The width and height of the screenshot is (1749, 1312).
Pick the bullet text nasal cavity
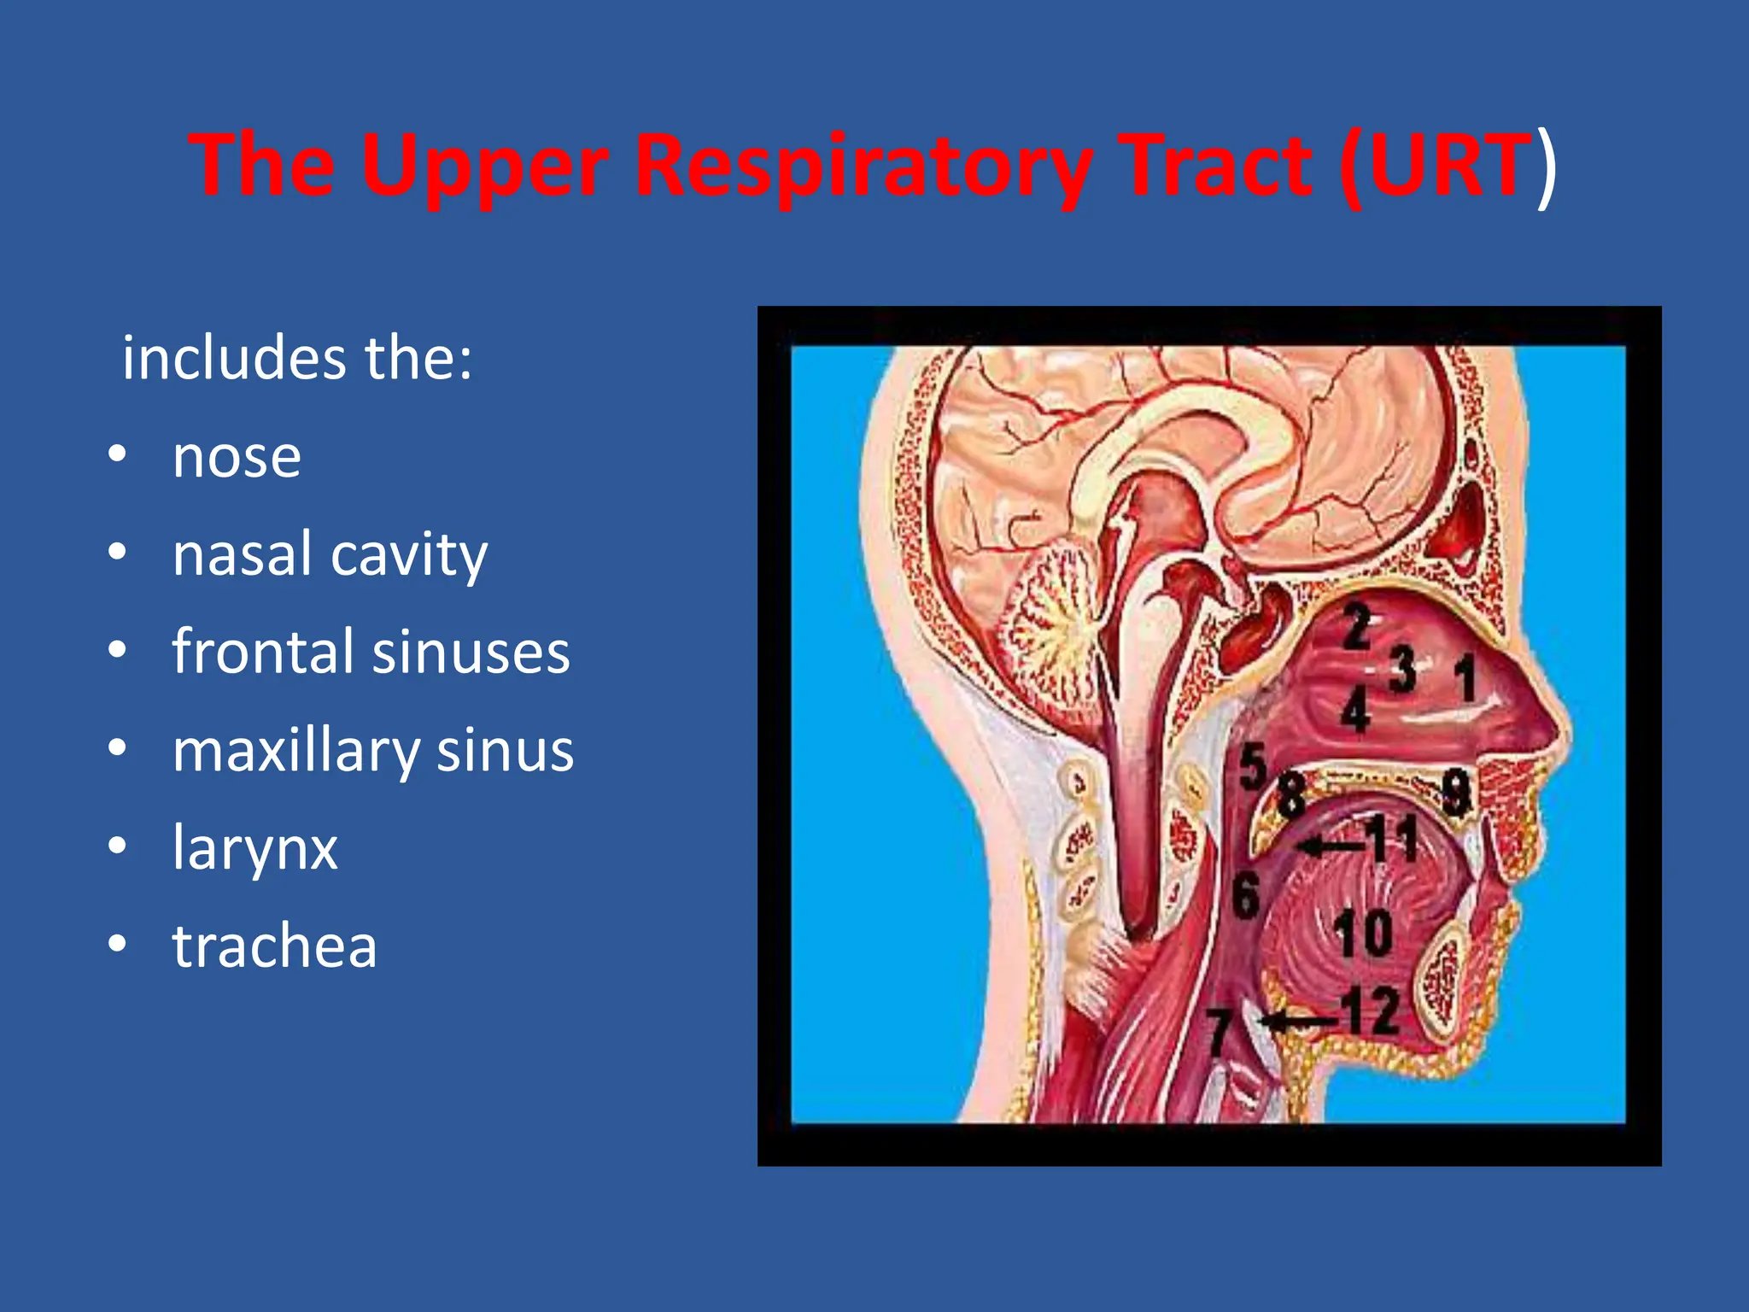[x=330, y=555]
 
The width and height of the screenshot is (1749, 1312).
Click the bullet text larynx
[x=254, y=848]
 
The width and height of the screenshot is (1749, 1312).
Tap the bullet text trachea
[x=274, y=946]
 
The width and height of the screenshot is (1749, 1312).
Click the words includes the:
[x=297, y=358]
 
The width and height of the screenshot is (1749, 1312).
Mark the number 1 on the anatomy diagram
[x=1464, y=678]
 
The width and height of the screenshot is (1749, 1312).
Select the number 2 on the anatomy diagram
[x=1355, y=626]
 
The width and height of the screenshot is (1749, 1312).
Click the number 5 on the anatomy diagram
[x=1252, y=767]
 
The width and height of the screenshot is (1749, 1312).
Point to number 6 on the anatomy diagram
[x=1245, y=895]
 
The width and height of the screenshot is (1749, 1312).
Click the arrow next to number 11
[x=1329, y=846]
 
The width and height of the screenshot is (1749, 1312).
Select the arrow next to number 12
[x=1298, y=1021]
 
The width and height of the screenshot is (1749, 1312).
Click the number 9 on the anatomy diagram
[x=1455, y=792]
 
